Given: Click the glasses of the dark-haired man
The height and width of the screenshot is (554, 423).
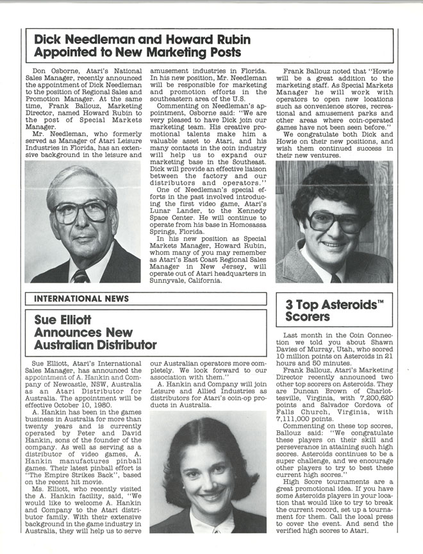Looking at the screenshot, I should coord(335,220).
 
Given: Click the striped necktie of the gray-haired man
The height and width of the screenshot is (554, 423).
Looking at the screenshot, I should coord(81,276).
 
